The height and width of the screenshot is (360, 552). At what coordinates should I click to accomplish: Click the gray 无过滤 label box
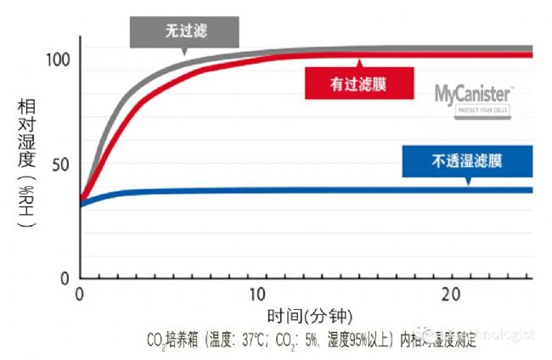tap(185, 31)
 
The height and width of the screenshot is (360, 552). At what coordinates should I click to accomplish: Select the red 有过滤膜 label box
tap(359, 84)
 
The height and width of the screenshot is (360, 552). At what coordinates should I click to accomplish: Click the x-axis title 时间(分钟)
tap(306, 317)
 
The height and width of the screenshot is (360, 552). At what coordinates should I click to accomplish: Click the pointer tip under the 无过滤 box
tap(185, 54)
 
